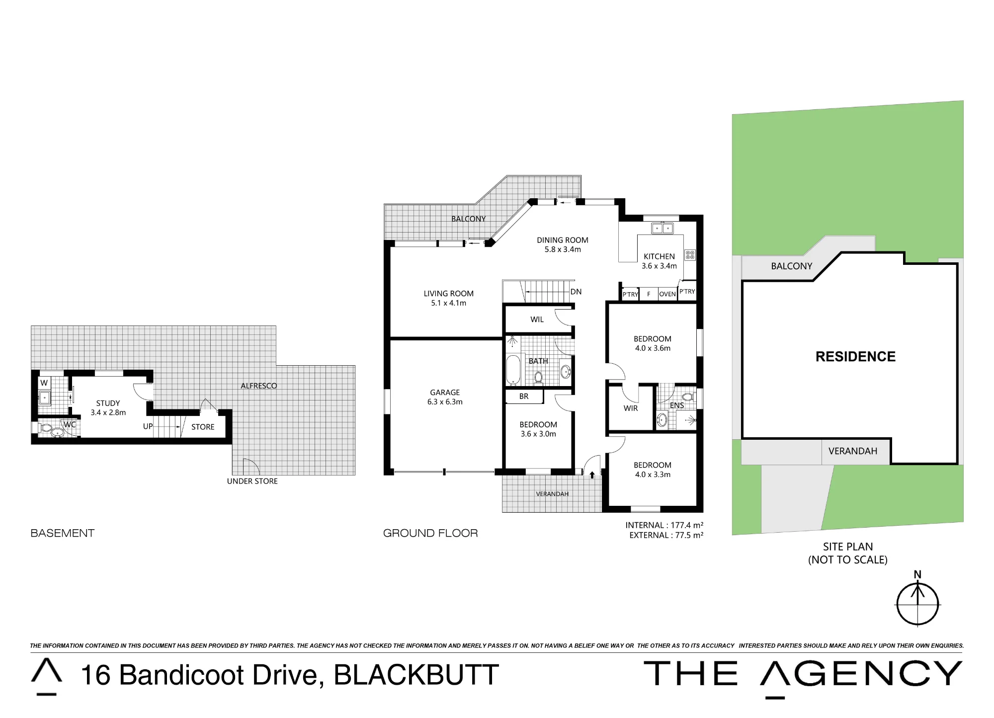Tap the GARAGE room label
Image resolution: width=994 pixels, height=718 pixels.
445,393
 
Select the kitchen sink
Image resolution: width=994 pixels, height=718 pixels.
662,228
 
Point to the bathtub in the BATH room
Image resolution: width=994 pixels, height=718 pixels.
513,369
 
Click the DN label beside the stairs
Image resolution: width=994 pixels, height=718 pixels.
576,292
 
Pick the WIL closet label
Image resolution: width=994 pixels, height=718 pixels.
537,319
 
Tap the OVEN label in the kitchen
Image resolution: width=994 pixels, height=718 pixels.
667,294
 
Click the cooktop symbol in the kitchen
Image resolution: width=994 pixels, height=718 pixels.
690,255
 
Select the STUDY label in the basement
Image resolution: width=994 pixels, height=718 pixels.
108,403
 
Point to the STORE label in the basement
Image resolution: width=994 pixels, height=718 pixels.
203,427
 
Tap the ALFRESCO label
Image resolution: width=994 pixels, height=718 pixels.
258,386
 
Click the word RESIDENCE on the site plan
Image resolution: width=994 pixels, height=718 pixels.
855,356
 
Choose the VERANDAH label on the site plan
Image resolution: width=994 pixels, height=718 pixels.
852,451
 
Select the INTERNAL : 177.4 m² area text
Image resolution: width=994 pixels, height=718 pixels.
664,525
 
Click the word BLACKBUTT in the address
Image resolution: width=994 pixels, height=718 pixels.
416,675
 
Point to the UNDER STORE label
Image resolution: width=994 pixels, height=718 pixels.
252,481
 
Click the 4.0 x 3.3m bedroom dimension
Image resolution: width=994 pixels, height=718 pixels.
653,475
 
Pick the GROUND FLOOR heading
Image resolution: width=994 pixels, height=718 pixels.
430,533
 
